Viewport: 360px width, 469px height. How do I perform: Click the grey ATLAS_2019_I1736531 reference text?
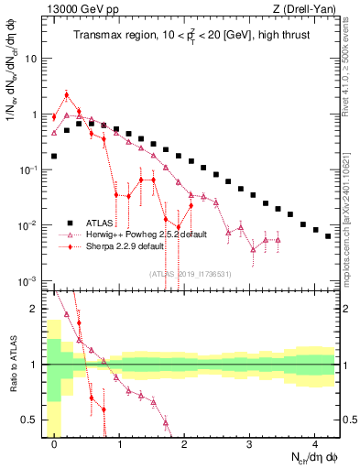pos(190,273)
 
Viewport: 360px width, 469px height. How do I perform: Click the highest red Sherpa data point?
pos(67,94)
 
